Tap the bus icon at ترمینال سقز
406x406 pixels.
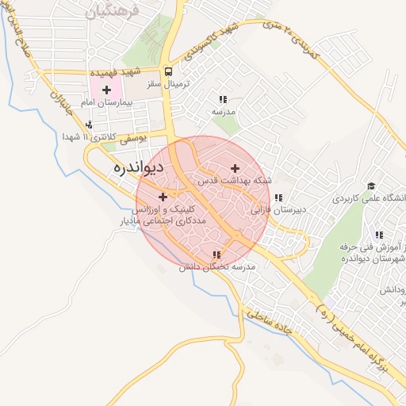[167, 71]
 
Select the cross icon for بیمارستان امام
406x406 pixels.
[106, 90]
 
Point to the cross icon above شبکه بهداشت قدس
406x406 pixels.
[235, 168]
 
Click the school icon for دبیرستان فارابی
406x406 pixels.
[278, 198]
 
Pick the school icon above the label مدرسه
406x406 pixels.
[223, 100]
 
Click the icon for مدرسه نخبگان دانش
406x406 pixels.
[216, 255]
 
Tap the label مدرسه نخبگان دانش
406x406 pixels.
[217, 268]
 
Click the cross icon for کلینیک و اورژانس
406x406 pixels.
[163, 197]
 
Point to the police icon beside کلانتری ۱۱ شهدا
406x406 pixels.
[89, 124]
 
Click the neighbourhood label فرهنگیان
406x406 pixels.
[114, 12]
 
